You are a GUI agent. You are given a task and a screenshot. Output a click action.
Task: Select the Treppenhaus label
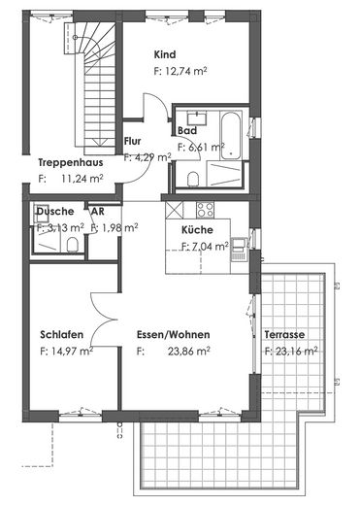click(71, 163)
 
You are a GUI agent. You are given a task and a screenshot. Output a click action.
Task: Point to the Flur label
click(134, 141)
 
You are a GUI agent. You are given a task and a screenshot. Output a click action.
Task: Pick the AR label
click(97, 211)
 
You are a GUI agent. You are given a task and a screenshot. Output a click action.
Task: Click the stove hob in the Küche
click(205, 209)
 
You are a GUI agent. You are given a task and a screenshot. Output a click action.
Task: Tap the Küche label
click(197, 230)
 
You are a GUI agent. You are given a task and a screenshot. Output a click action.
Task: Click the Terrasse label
click(283, 335)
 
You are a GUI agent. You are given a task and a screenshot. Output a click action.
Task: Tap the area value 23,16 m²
click(295, 351)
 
